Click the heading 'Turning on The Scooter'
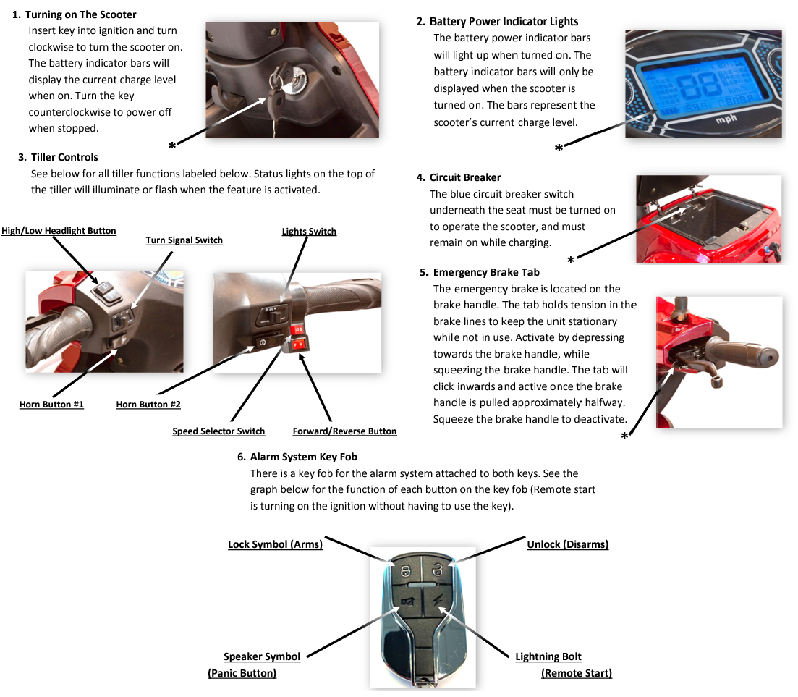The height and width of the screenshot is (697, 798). tap(80, 14)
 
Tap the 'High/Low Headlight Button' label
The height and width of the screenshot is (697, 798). tap(59, 230)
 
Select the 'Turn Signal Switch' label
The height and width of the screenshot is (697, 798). tap(184, 240)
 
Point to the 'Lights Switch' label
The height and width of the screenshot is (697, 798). tap(309, 231)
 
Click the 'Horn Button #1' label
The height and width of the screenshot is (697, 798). tap(51, 405)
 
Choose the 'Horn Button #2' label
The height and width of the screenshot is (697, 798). tap(148, 405)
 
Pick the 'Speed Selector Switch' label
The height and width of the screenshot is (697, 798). tap(218, 431)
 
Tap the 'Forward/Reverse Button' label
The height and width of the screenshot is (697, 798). tap(344, 431)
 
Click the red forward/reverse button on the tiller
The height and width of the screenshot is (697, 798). tap(298, 346)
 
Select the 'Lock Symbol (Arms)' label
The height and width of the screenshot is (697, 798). tap(275, 544)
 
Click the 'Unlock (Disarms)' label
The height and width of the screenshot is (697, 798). tap(567, 544)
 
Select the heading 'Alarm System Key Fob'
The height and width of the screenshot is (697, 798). tap(303, 457)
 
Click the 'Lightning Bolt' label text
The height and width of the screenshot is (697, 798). tap(548, 657)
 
